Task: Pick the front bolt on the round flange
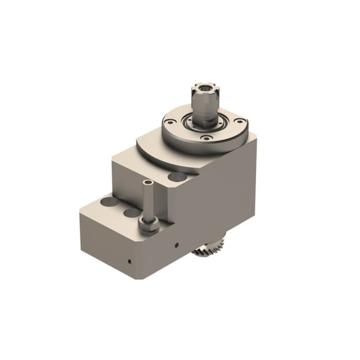[206, 137]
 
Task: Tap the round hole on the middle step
[176, 177]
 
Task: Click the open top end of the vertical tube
[148, 183]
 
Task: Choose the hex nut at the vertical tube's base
[147, 224]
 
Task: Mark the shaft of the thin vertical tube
[148, 201]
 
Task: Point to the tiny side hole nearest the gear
[176, 244]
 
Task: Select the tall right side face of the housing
[226, 195]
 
